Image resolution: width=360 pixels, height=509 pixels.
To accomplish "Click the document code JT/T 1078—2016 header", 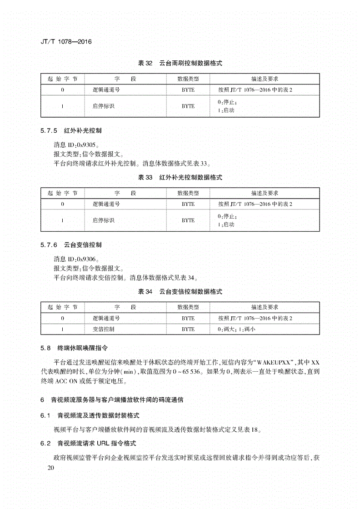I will click(63, 42).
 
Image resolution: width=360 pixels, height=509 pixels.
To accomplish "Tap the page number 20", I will click(50, 468).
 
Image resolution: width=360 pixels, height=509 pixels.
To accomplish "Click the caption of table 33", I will click(180, 177).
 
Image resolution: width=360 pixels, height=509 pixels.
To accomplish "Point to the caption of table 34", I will click(180, 291).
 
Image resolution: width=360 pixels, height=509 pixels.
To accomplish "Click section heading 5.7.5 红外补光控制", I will click(71, 130).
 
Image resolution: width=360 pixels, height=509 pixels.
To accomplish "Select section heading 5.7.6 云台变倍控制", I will click(71, 245).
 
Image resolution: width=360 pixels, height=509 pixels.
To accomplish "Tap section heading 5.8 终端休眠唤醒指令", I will click(74, 349).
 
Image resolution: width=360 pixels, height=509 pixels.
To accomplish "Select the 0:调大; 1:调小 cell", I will click(237, 329).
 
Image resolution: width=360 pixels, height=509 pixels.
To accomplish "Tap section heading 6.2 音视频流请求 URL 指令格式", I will click(89, 443).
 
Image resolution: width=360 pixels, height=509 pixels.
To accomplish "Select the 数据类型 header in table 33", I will click(188, 193).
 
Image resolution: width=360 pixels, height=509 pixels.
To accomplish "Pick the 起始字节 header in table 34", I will click(63, 307).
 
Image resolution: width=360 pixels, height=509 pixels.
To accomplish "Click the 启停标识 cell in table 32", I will click(103, 106).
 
